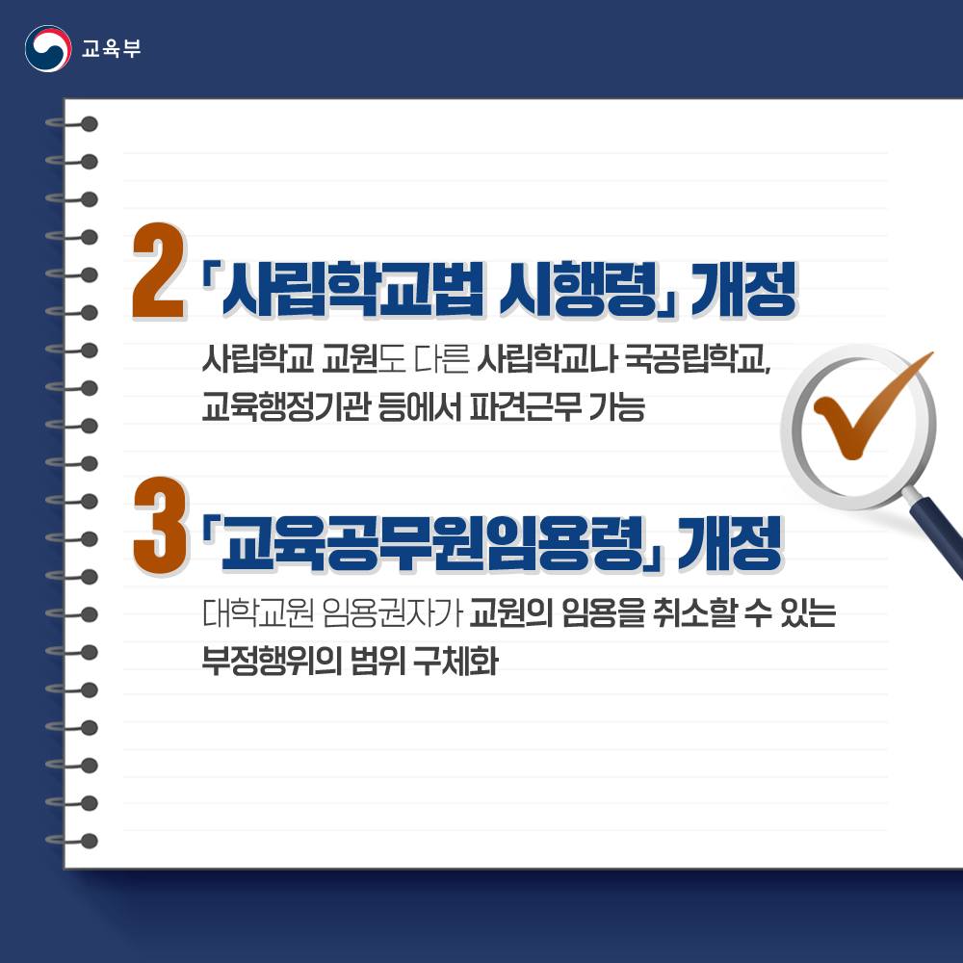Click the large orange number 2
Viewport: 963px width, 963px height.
pos(159,273)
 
